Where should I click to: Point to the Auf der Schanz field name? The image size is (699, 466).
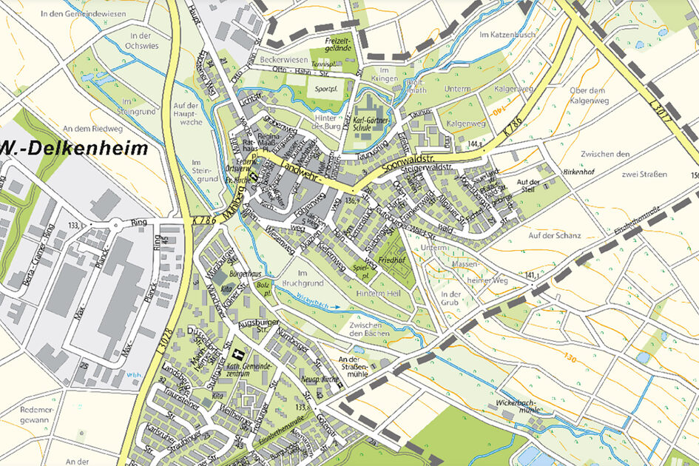[x=555, y=236]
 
